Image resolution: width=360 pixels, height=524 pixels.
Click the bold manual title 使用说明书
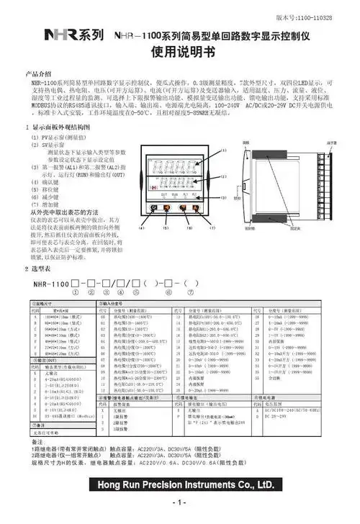click(179, 53)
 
